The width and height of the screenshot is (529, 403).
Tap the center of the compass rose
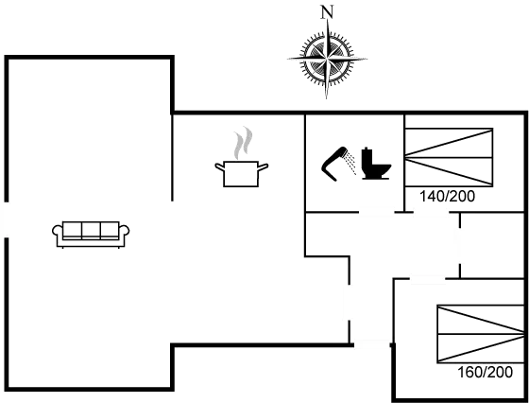click(x=327, y=59)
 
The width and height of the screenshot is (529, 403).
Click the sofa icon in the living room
click(x=91, y=235)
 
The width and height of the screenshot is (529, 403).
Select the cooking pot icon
click(x=241, y=174)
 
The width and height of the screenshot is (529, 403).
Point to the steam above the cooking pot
click(x=244, y=143)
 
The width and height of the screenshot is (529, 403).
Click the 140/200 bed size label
click(x=447, y=196)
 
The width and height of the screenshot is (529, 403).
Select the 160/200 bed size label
click(x=485, y=373)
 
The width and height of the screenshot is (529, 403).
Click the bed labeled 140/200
click(x=449, y=157)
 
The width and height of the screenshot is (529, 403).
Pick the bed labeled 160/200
click(x=480, y=334)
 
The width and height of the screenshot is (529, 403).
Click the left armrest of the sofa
click(x=58, y=234)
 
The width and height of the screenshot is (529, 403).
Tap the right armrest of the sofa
click(x=124, y=234)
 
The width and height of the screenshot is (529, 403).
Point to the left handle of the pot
click(x=219, y=166)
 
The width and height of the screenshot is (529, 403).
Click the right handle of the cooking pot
click(x=264, y=166)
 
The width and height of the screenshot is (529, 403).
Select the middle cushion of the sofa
click(x=91, y=230)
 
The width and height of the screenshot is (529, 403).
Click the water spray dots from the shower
click(x=351, y=163)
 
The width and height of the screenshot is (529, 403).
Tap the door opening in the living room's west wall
click(x=5, y=219)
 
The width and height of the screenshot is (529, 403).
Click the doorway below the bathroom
click(x=377, y=213)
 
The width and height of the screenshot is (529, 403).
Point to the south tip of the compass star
click(x=326, y=98)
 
